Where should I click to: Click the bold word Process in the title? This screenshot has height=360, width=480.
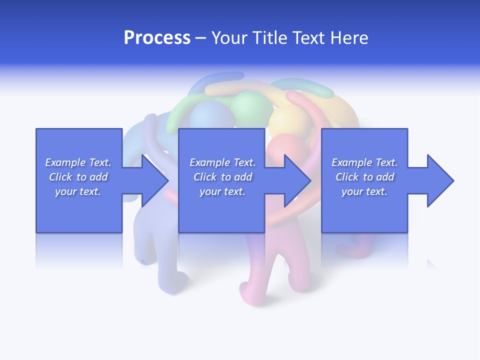coord(157,38)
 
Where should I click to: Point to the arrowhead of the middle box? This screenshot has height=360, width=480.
coord(297,180)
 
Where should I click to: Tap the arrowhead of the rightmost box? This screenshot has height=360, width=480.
coord(440,180)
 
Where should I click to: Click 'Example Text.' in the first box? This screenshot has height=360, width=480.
coord(78,162)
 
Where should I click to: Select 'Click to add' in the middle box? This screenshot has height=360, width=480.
coord(222,177)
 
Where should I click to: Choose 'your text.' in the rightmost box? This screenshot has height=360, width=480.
coord(364,191)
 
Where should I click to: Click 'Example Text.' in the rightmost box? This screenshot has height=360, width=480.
coord(364,162)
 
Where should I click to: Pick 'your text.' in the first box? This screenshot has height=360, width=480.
coord(78,191)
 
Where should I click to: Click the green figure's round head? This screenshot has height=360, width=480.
coord(245,106)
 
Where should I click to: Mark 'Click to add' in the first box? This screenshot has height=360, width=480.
coord(78,177)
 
